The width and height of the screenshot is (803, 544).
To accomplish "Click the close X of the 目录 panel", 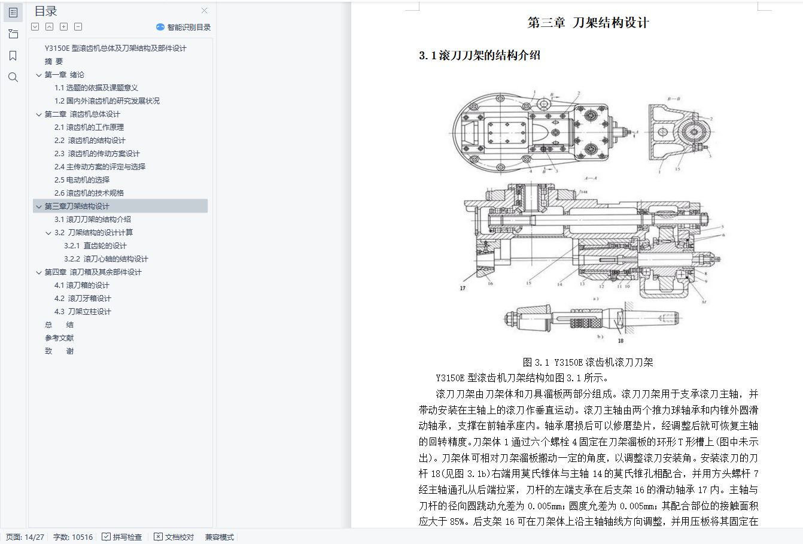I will (205, 11).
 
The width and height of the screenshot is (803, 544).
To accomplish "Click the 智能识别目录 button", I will (184, 27).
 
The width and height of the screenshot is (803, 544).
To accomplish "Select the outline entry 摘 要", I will (54, 61).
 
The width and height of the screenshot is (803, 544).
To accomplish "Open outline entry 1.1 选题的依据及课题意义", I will (96, 87).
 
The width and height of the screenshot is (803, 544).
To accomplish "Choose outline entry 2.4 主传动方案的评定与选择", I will (99, 166).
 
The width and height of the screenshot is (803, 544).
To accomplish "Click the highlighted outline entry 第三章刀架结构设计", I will (77, 206).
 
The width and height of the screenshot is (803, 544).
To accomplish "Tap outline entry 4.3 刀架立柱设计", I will (83, 311).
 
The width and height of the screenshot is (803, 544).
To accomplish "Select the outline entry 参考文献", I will (59, 338).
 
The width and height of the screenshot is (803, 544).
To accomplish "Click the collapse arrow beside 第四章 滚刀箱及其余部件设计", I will (39, 272).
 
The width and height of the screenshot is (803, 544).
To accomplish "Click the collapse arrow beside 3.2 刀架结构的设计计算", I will (48, 233).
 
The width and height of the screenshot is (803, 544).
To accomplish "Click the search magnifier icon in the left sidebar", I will (13, 77).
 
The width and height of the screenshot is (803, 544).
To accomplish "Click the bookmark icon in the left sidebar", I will (13, 56).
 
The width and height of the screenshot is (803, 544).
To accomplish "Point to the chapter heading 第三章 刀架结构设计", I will (588, 23).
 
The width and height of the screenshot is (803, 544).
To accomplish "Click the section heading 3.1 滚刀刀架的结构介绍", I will (479, 56).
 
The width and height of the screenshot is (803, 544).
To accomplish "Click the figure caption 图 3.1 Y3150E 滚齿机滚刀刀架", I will (588, 362).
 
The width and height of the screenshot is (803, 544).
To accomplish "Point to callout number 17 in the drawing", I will (463, 288).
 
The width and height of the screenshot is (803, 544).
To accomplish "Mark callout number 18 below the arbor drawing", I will (620, 341).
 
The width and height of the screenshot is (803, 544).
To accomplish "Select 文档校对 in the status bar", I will (174, 537).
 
